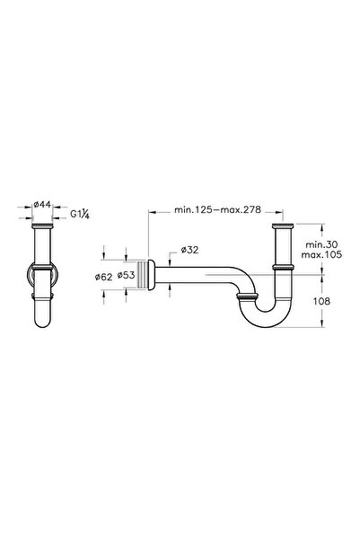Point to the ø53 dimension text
coord(129,276)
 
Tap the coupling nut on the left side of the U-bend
coord(246,295)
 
